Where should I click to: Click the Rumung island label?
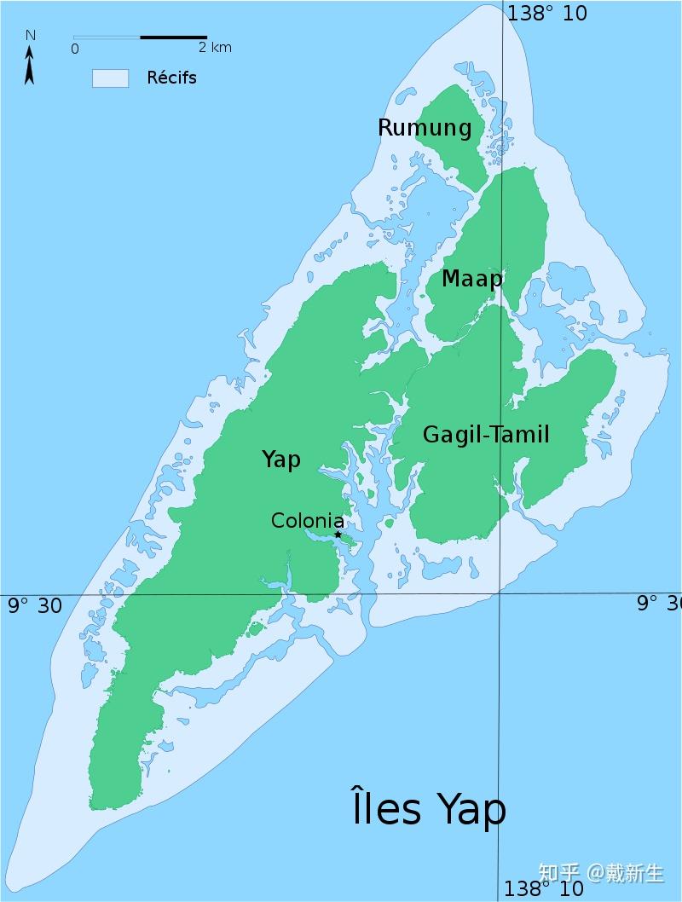424,128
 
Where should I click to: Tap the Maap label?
471,279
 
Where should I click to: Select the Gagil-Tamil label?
486,435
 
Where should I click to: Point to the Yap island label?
280,460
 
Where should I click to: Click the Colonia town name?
308,521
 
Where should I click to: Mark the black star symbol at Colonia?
338,535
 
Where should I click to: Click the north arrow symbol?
30,66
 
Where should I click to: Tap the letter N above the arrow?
30,35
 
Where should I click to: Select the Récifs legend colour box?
110,78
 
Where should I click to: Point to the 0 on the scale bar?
75,49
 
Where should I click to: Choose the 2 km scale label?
214,48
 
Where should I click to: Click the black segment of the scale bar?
173,38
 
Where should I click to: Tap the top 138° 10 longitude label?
546,14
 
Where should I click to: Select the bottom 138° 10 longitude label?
543,888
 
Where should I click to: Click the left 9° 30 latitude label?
35,605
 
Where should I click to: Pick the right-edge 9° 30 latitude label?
659,604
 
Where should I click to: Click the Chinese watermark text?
601,873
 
